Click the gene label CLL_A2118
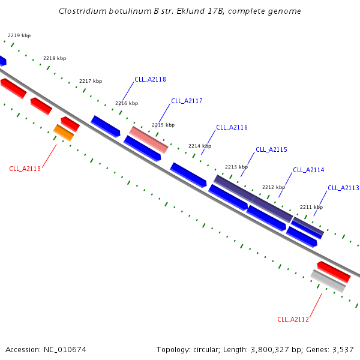[150, 79]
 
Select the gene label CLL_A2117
[187, 101]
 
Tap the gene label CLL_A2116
[232, 127]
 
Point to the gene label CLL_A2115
[271, 149]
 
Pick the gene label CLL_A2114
[308, 170]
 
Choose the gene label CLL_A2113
[343, 188]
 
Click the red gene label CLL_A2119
[25, 169]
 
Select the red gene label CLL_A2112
[293, 319]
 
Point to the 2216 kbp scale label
[126, 103]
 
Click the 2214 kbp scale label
[200, 146]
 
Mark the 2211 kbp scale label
[311, 207]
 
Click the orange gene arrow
[64, 133]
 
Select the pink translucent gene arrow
[149, 139]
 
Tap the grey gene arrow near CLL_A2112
[328, 281]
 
